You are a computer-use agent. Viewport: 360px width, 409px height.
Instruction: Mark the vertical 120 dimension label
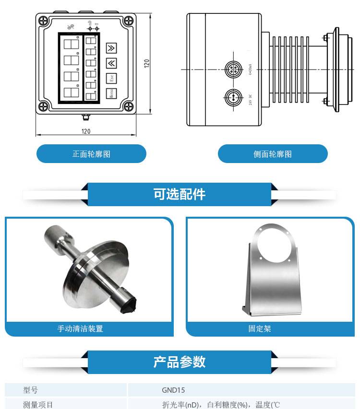[x=147, y=63]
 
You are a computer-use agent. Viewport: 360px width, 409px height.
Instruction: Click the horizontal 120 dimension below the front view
[x=86, y=131]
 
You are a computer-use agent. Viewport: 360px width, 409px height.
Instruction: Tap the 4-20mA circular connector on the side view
[x=234, y=70]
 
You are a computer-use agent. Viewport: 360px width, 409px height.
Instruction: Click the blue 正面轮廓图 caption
[x=91, y=154]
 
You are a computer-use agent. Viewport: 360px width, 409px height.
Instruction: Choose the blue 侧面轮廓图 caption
[x=273, y=154]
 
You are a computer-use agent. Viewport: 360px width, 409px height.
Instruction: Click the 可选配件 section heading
[x=180, y=194]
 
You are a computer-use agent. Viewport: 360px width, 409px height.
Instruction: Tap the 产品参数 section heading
[x=180, y=362]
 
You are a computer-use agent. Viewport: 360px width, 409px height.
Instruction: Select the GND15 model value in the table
[x=173, y=390]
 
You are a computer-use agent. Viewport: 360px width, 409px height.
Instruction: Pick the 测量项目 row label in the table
[x=38, y=405]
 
